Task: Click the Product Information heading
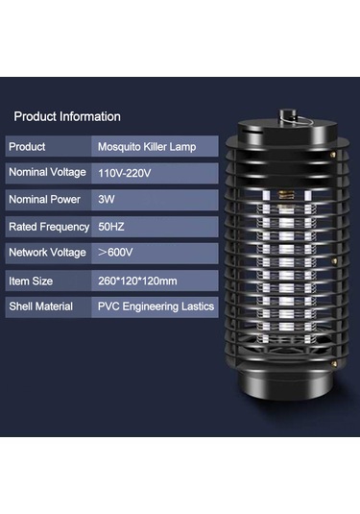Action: click(x=67, y=116)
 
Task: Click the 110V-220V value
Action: click(x=124, y=173)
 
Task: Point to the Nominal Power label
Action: click(x=45, y=200)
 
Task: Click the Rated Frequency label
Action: click(x=49, y=227)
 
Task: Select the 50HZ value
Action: click(x=112, y=227)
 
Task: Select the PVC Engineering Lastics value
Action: click(x=156, y=306)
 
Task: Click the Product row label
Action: click(x=30, y=147)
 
